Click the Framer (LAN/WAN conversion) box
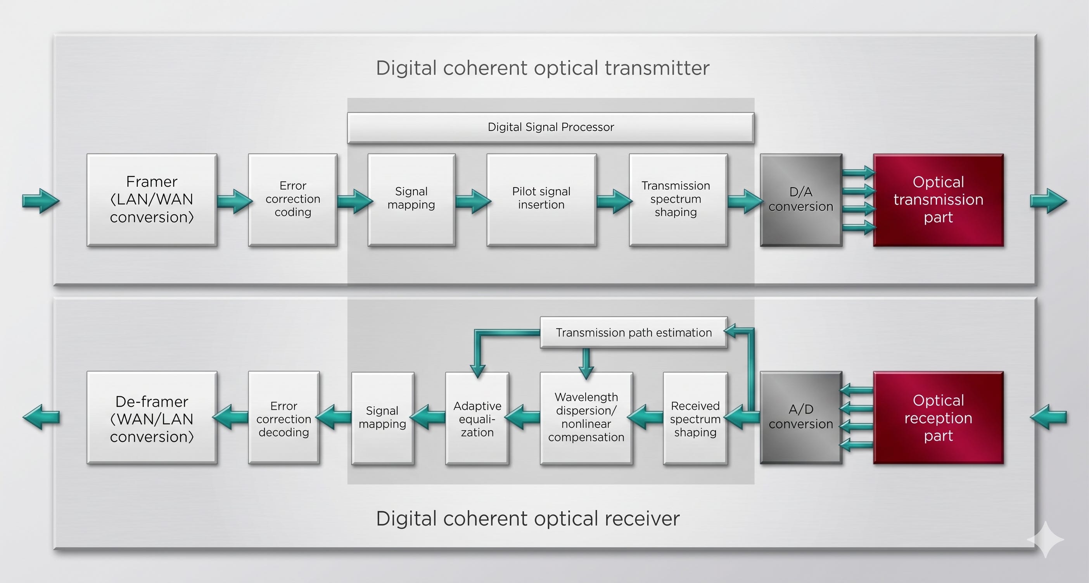pyautogui.click(x=152, y=200)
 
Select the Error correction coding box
pyautogui.click(x=292, y=200)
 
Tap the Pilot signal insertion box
pyautogui.click(x=541, y=200)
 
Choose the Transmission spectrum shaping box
pyautogui.click(x=678, y=200)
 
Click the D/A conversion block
pyautogui.click(x=801, y=200)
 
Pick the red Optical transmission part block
pyautogui.click(x=939, y=200)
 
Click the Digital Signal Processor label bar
pyautogui.click(x=550, y=128)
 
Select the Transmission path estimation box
pyautogui.click(x=634, y=333)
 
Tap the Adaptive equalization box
pyautogui.click(x=477, y=418)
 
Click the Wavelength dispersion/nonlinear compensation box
pyautogui.click(x=586, y=418)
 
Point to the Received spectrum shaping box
pyautogui.click(x=695, y=418)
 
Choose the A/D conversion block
pyautogui.click(x=801, y=418)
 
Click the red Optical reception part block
pyautogui.click(x=939, y=418)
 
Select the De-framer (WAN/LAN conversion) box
pyautogui.click(x=152, y=418)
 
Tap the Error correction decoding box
pyautogui.click(x=283, y=418)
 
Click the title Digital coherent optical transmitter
pyautogui.click(x=543, y=68)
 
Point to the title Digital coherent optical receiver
pyautogui.click(x=528, y=518)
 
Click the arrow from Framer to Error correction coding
pyautogui.click(x=235, y=201)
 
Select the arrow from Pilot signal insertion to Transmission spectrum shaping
pyautogui.click(x=614, y=201)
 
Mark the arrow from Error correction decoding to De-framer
pyautogui.click(x=230, y=417)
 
